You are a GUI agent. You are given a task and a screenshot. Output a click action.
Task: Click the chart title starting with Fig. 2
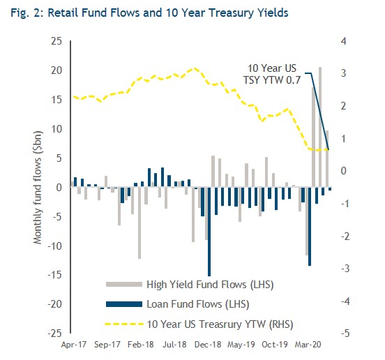[x=149, y=13]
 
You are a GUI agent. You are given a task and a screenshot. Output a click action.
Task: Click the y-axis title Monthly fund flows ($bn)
[x=38, y=188]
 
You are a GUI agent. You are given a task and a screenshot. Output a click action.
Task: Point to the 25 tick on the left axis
[x=56, y=41]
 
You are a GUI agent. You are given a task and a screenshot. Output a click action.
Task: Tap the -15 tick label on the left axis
[x=55, y=275]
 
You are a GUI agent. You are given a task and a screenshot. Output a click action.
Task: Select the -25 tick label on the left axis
[x=55, y=333]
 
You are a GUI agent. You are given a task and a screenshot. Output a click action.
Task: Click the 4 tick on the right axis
[x=344, y=41]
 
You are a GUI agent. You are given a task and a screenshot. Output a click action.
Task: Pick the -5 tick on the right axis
[x=345, y=333]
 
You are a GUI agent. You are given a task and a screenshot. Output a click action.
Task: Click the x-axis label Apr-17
[x=74, y=345]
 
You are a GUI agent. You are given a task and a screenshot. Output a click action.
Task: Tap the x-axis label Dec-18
[x=208, y=345]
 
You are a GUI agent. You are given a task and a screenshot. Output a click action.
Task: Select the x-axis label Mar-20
[x=308, y=345]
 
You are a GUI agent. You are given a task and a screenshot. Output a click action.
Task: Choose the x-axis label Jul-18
[x=174, y=345]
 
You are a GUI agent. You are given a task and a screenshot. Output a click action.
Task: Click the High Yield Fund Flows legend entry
[x=190, y=285]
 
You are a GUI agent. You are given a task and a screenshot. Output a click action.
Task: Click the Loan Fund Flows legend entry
[x=178, y=304]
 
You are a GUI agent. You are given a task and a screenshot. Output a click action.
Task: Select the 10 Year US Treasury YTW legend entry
[x=199, y=324]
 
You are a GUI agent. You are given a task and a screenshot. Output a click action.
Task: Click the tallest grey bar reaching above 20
[x=320, y=127]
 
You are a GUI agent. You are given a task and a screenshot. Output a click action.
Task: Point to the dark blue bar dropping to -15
[x=209, y=232]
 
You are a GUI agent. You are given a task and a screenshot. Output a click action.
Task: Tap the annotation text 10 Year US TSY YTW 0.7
[x=272, y=74]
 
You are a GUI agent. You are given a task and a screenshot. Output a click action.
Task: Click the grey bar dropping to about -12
[x=139, y=223]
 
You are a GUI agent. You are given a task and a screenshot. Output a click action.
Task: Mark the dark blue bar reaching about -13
[x=310, y=227]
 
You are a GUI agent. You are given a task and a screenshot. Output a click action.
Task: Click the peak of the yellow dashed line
[x=195, y=68]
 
